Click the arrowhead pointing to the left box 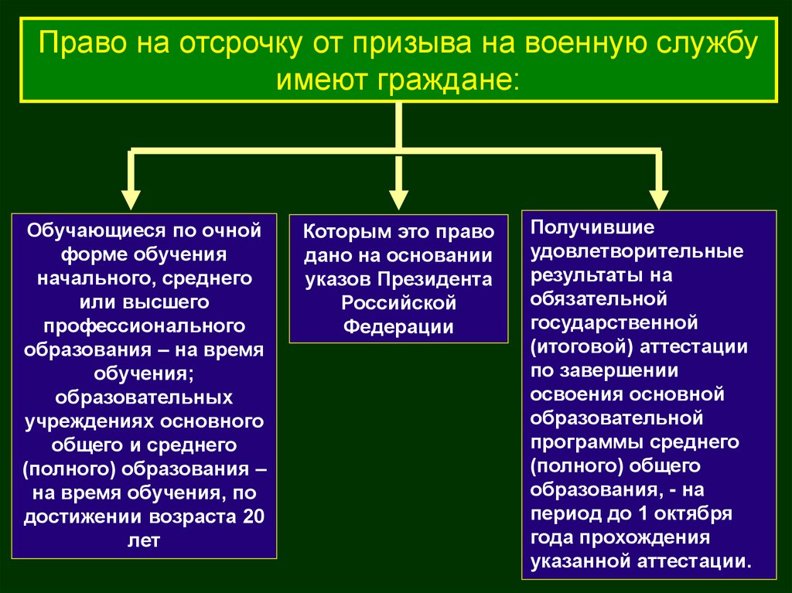click(131, 199)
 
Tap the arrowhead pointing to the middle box click(398, 199)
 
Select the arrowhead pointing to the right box click(658, 199)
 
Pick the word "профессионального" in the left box click(145, 329)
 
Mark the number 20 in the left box click(254, 516)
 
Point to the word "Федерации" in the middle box click(398, 325)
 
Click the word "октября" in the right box click(699, 513)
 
